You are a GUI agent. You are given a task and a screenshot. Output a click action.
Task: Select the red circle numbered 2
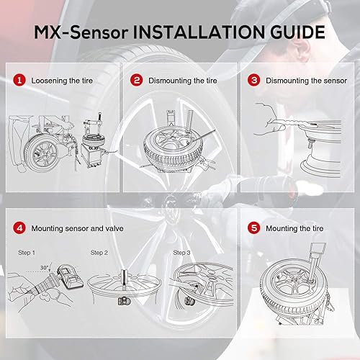pos(136,81)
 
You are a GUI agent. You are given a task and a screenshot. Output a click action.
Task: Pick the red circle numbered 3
pos(253,81)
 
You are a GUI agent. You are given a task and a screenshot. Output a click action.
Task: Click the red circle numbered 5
pos(253,229)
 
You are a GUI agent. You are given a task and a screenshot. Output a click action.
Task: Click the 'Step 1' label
pos(27,253)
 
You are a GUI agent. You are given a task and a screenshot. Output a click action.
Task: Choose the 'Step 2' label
pos(99,253)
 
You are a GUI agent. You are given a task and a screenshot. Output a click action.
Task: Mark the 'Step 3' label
pos(182,253)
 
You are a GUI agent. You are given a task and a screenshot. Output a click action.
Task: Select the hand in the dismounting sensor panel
pos(270,114)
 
